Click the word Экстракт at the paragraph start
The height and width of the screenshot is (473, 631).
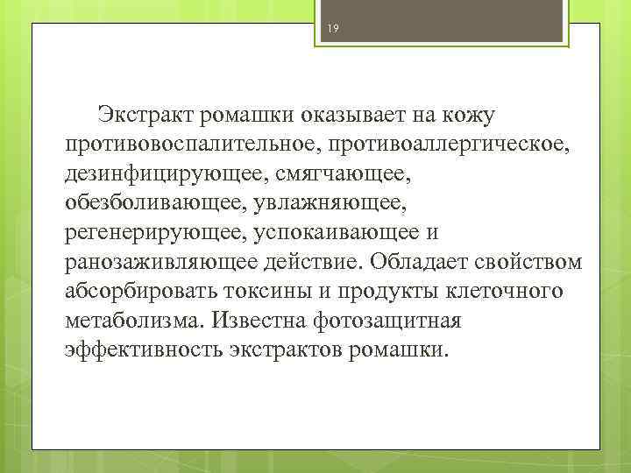(x=146, y=115)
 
